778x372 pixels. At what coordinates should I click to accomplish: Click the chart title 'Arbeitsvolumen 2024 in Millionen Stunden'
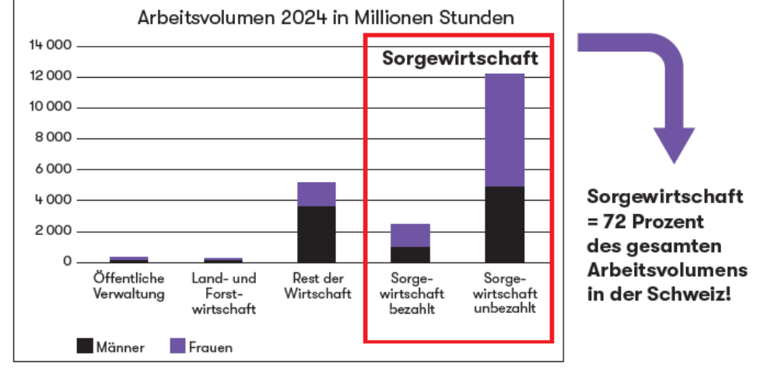coord(326,18)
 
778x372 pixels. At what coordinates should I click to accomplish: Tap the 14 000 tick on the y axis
coord(51,45)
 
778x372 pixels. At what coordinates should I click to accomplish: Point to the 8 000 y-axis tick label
coord(54,138)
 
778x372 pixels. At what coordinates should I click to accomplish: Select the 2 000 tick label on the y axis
coord(54,231)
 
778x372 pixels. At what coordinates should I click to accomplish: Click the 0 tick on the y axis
coord(68,262)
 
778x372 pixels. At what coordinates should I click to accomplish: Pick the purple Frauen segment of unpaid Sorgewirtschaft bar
coord(504,130)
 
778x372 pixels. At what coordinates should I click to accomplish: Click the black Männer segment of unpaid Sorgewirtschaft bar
coord(504,224)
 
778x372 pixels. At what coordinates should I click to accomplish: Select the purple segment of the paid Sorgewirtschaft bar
coord(410,235)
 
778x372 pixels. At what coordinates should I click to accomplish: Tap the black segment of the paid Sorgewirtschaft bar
coord(410,254)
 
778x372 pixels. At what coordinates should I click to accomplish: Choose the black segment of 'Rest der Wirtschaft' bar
coord(317,234)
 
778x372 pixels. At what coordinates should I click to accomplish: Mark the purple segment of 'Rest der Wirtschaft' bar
coord(317,194)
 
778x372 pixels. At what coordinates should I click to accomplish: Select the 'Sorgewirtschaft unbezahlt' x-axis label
coord(504,293)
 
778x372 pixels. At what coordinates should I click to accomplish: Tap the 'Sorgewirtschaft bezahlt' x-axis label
coord(410,293)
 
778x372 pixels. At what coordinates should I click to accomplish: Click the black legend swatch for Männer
coord(85,346)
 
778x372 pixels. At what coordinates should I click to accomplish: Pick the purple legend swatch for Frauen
coord(177,346)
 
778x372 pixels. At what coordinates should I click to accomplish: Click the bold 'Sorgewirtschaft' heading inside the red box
coord(460,59)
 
